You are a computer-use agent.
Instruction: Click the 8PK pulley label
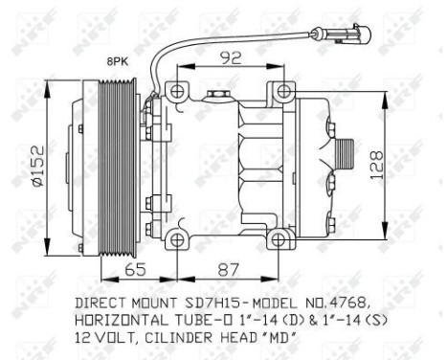117,60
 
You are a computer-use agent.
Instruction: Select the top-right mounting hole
282,92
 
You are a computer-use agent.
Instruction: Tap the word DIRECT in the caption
102,302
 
